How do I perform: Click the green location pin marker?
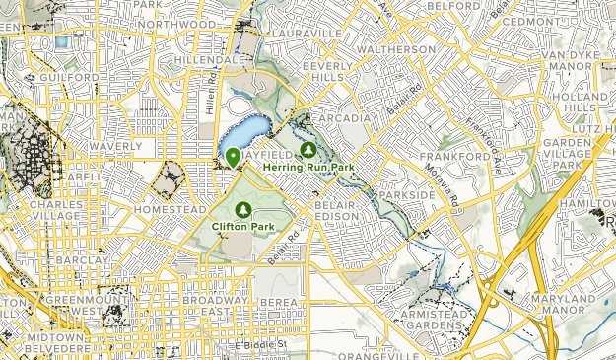233,157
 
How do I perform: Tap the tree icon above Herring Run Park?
308,150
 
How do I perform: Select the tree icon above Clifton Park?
242,210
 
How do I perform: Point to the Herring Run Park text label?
308,167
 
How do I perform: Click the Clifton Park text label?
243,227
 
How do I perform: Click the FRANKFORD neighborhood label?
455,157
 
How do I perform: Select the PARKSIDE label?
407,195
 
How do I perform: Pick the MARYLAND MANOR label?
582,307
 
